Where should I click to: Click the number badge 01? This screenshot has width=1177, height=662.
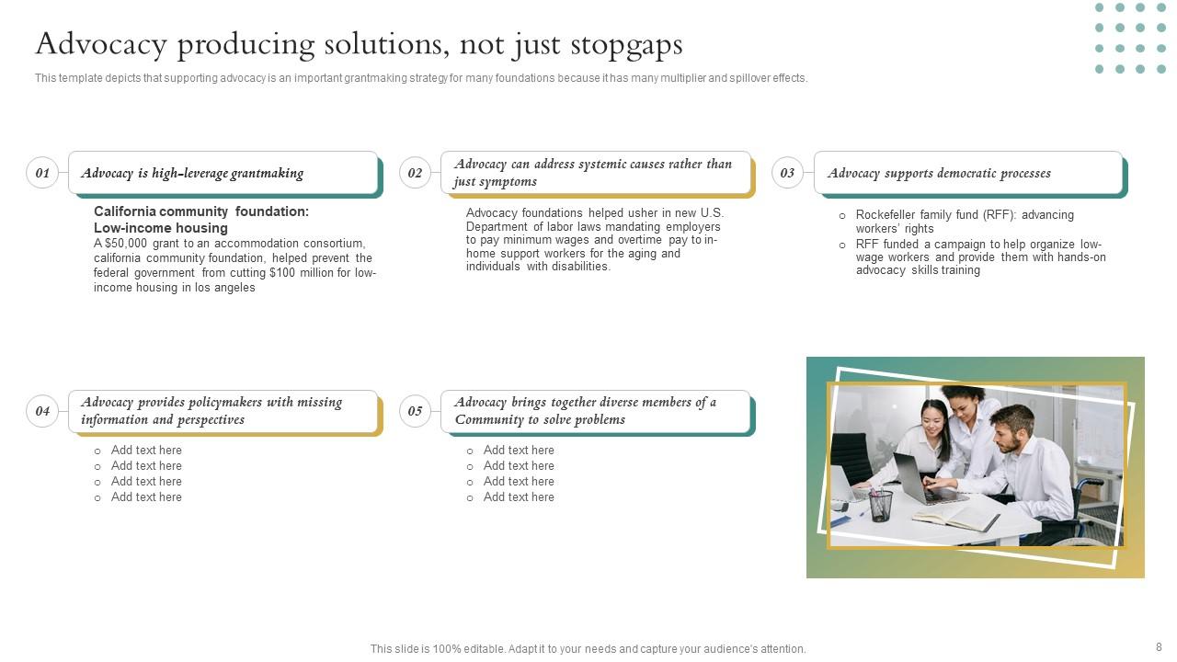(42, 173)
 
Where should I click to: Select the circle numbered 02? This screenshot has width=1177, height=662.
(415, 173)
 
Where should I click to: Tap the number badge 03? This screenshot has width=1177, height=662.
(787, 173)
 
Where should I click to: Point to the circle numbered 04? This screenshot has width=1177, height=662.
(42, 411)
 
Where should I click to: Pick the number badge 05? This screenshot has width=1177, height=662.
(415, 411)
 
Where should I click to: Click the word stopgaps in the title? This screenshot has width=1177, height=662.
(626, 44)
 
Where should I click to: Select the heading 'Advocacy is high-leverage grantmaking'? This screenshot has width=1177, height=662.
(192, 173)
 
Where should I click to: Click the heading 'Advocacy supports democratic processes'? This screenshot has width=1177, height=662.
(939, 173)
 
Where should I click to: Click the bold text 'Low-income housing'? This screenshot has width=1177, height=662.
(161, 228)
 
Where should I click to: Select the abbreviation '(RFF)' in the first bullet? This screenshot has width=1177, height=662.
(999, 215)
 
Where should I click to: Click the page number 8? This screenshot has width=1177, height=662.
(1159, 647)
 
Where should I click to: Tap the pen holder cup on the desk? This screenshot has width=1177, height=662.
(881, 505)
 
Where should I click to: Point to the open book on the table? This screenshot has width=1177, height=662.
(956, 518)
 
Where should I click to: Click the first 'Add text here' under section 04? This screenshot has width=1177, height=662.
(146, 451)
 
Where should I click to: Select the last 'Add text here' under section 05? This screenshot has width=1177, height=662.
(519, 497)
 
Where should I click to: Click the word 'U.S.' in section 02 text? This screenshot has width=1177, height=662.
(712, 213)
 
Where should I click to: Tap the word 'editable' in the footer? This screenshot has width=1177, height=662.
(484, 649)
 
